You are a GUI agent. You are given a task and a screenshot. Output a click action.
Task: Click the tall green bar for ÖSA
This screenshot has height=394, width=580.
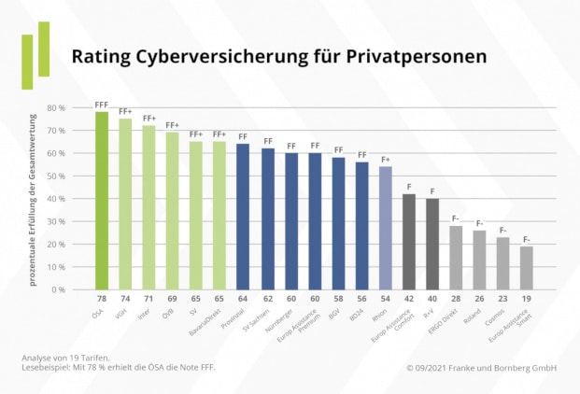tap(101, 201)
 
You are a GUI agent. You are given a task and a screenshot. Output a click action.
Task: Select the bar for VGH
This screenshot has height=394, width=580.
tap(125, 204)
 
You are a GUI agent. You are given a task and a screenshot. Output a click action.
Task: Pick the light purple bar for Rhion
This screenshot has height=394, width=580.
tap(386, 228)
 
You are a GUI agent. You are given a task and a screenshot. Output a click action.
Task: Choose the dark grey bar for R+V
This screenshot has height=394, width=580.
tap(432, 244)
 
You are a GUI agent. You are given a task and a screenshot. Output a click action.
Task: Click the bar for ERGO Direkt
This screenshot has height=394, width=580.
tap(457, 258)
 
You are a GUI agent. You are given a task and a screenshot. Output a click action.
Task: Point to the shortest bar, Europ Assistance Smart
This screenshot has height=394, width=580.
tap(527, 268)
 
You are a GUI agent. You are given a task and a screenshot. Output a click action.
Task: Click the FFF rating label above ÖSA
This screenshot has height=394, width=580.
tap(101, 106)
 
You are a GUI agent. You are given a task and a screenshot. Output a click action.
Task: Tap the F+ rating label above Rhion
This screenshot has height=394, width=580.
tap(386, 160)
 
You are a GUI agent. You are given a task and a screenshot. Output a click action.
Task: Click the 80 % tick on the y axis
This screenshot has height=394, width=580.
tap(56, 108)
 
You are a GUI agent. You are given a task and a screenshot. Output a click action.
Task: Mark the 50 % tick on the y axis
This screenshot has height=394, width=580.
tap(56, 176)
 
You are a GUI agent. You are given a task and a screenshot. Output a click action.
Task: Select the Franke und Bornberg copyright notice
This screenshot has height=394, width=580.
tap(481, 368)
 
